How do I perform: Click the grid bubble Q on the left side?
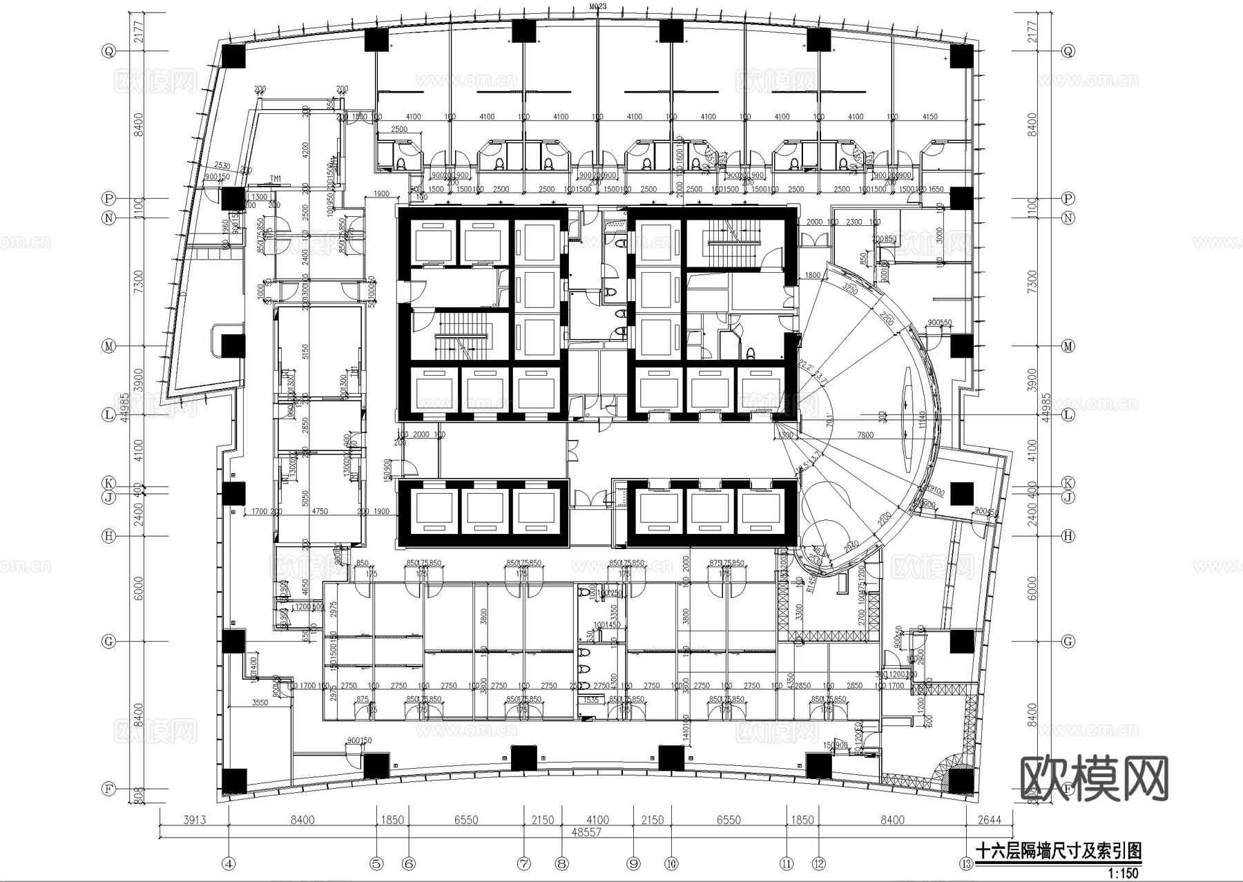[108, 50]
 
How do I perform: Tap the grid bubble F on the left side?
[108, 788]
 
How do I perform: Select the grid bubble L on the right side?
[1068, 415]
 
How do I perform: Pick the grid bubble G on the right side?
[1068, 642]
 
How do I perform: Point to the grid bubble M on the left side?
[108, 346]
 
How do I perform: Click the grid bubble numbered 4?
[229, 863]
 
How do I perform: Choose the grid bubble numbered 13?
[965, 863]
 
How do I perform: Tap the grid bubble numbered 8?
[562, 863]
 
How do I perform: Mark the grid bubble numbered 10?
[671, 863]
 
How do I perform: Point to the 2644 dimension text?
[989, 821]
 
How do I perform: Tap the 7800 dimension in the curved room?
[865, 435]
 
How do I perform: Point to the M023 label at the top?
[597, 7]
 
